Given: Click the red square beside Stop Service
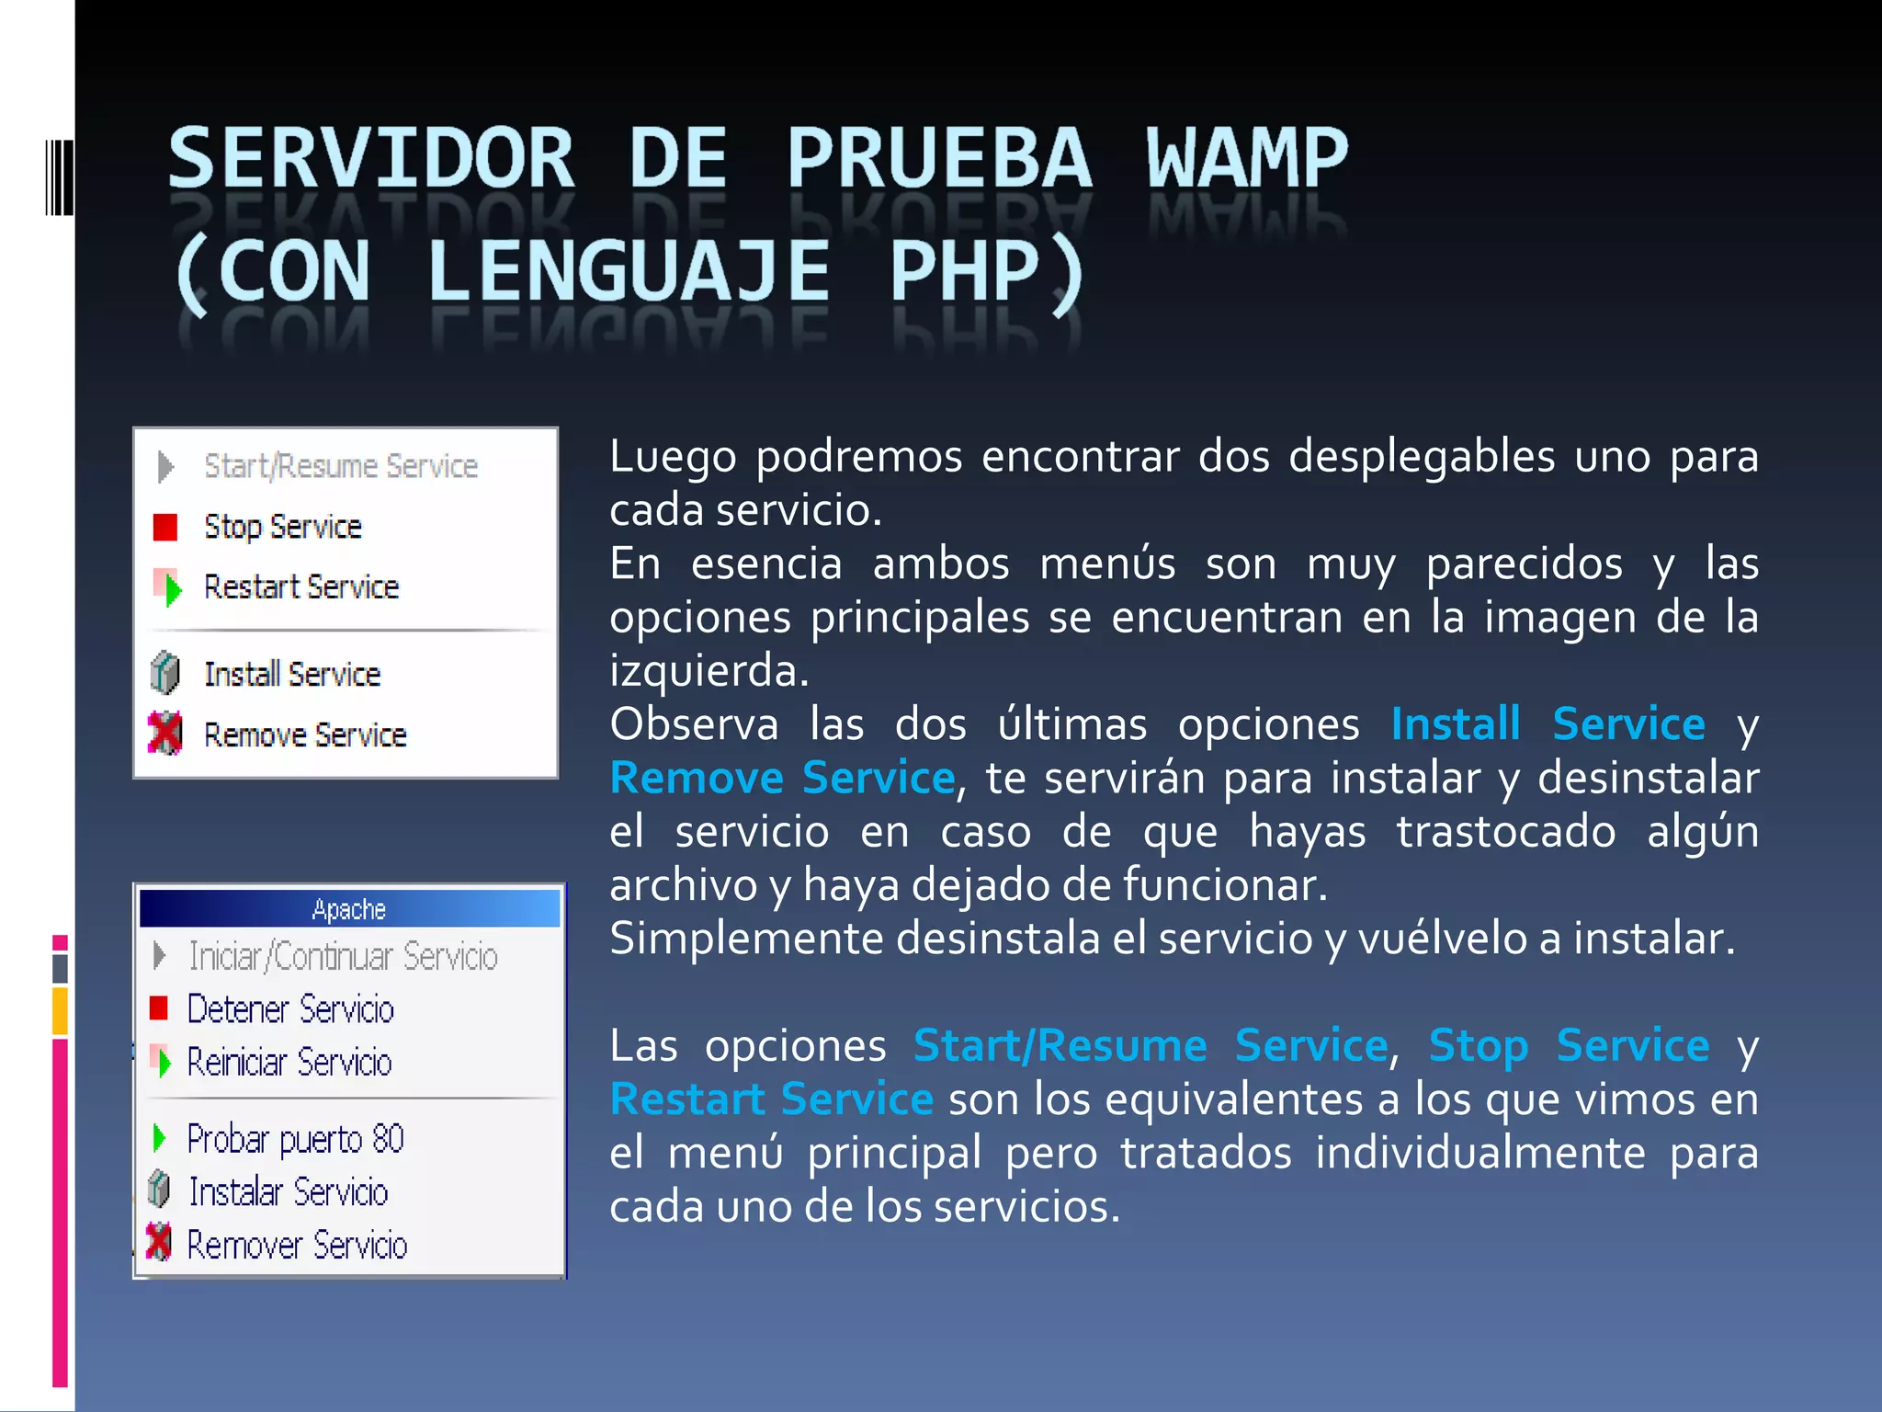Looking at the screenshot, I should click(165, 527).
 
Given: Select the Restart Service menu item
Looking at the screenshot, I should click(300, 586).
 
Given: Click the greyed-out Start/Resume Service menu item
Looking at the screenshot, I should click(340, 466).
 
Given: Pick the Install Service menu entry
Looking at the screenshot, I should click(291, 674).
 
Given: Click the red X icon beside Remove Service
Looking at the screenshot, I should click(165, 734).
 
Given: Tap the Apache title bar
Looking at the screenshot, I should click(349, 909).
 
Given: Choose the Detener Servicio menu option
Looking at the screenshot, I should click(290, 1009).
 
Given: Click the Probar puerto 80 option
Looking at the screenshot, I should click(295, 1139).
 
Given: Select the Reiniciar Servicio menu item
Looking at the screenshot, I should click(289, 1063).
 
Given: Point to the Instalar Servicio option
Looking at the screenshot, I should click(288, 1192).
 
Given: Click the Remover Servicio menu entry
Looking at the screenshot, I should click(297, 1246).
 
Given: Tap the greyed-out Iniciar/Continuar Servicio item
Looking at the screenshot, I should click(343, 956).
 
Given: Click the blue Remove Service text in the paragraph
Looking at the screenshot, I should click(783, 778).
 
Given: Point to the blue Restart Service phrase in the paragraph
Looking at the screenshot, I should click(772, 1099).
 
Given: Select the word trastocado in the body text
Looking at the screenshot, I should click(1505, 831).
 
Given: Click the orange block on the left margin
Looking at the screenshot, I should click(60, 1010).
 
